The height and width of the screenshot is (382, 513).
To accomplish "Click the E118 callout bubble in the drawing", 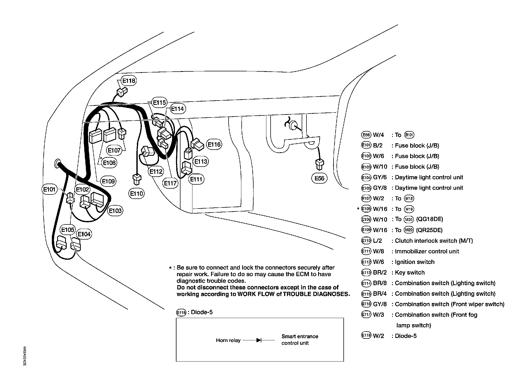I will tap(129, 80).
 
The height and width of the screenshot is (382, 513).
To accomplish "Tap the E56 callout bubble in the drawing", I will tap(319, 178).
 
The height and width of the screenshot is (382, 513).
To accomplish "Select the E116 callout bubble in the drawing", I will tap(214, 145).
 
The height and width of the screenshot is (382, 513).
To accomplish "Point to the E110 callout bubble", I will tap(137, 194).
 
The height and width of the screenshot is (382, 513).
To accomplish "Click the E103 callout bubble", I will tap(115, 211).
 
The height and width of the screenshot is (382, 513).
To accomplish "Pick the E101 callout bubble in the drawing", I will tap(49, 189).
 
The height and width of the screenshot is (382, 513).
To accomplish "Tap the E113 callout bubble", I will tap(201, 162).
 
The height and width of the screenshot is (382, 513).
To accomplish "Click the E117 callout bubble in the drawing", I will tap(170, 183).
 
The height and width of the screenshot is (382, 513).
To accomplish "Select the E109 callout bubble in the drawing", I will tap(108, 181).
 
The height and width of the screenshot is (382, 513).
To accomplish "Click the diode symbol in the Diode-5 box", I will tap(259, 340).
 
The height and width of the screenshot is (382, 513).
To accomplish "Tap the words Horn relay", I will tap(228, 340).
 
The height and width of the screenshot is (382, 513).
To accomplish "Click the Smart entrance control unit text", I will tap(300, 340).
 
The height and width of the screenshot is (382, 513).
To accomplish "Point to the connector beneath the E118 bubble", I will tap(122, 92).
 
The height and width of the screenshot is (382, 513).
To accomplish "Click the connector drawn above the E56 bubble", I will tap(319, 164).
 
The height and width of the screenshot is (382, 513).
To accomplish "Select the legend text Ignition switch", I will tap(414, 262).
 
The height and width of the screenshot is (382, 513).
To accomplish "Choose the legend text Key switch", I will tap(410, 272).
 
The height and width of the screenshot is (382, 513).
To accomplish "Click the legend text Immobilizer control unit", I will tap(427, 251).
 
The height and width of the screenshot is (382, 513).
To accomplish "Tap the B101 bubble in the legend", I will tap(409, 135).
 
